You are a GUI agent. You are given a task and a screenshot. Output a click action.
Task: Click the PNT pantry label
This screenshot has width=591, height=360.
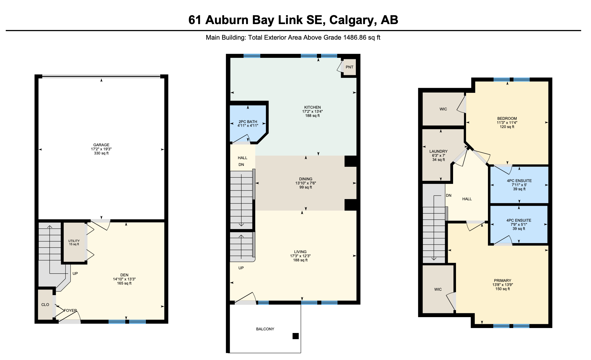pyautogui.click(x=349, y=67)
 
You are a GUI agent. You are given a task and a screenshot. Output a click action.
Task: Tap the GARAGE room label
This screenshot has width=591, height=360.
pyautogui.click(x=101, y=145)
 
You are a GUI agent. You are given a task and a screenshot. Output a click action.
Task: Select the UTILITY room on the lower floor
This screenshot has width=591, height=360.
pyautogui.click(x=74, y=243)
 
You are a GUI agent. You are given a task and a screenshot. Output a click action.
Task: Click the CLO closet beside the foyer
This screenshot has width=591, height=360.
pyautogui.click(x=45, y=305)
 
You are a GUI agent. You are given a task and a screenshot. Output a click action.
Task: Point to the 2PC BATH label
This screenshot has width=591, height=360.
pyautogui.click(x=248, y=122)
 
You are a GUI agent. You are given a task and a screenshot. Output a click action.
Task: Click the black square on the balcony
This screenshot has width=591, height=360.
pyautogui.click(x=295, y=336)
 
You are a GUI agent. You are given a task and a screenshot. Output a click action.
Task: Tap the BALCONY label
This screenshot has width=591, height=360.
pyautogui.click(x=265, y=329)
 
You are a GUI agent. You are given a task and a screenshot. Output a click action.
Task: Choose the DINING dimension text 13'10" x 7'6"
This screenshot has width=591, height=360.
pyautogui.click(x=305, y=183)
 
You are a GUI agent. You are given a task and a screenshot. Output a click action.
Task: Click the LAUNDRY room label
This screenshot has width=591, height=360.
pyautogui.click(x=438, y=152)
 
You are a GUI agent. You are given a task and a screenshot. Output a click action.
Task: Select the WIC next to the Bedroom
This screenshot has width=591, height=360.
pyautogui.click(x=443, y=109)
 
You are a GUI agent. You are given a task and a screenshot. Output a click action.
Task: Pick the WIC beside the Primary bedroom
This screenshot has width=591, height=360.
pyautogui.click(x=438, y=290)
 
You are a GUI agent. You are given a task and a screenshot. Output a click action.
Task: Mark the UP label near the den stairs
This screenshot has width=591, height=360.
pyautogui.click(x=75, y=274)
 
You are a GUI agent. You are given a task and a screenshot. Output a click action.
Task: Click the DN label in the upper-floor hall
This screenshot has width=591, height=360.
pyautogui.click(x=448, y=196)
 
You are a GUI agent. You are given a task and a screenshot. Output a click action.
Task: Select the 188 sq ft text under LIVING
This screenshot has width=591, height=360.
pyautogui.click(x=300, y=260)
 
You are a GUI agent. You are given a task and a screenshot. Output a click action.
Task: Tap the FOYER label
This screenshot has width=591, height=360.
pyautogui.click(x=70, y=311)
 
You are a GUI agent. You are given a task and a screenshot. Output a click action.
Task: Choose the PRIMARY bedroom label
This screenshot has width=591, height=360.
pyautogui.click(x=502, y=281)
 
